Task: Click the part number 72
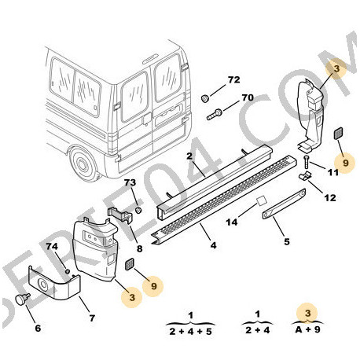pyautogui.click(x=233, y=80)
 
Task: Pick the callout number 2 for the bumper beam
pyautogui.click(x=189, y=156)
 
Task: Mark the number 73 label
pyautogui.click(x=130, y=182)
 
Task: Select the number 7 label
pyautogui.click(x=92, y=318)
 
